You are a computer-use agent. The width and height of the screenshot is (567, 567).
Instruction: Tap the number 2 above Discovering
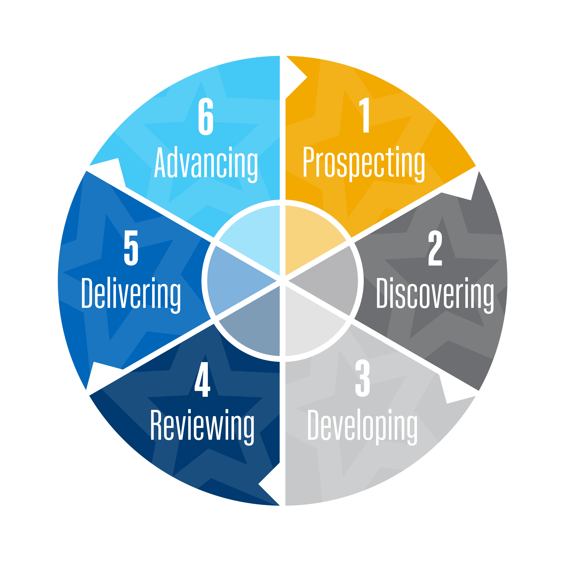[x=435, y=248]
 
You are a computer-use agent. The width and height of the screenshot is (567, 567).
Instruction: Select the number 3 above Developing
[x=363, y=379]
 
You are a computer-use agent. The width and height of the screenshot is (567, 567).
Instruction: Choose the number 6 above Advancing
[x=206, y=116]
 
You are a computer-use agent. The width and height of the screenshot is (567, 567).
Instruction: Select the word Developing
[x=363, y=425]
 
